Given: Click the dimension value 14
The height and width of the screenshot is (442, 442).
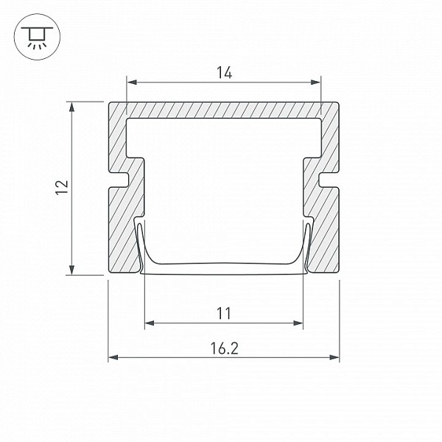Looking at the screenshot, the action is pyautogui.click(x=225, y=72).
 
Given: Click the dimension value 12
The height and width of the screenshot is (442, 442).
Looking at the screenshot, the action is pyautogui.click(x=62, y=187).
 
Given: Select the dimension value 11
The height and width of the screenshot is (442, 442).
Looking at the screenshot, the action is pyautogui.click(x=224, y=313).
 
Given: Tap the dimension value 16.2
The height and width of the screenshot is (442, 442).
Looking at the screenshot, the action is pyautogui.click(x=225, y=348).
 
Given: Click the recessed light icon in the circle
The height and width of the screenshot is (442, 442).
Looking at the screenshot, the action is pyautogui.click(x=37, y=37).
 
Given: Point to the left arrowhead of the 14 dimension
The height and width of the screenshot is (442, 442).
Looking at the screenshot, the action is pyautogui.click(x=132, y=83).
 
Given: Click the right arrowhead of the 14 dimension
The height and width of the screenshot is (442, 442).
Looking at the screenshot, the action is pyautogui.click(x=315, y=83).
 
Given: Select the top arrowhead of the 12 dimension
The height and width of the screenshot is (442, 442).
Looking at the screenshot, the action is pyautogui.click(x=72, y=107).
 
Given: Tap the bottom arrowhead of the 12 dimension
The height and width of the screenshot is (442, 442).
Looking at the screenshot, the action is pyautogui.click(x=72, y=270).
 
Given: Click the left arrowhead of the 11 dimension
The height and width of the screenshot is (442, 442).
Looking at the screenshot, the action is pyautogui.click(x=150, y=323).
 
